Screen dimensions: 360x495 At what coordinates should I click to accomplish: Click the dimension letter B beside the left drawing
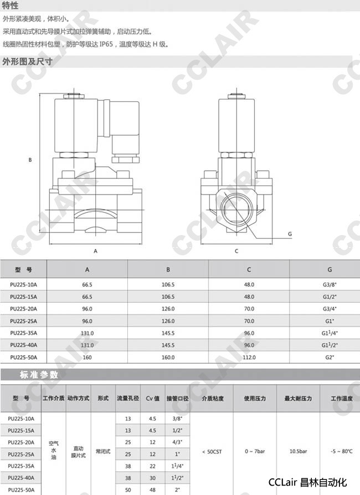pos(30,160)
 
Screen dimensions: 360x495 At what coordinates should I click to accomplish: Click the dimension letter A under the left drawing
pos(96,251)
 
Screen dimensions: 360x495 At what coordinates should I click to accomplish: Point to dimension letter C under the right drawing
pos(236,251)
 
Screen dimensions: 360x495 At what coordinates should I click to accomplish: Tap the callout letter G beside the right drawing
pos(290,234)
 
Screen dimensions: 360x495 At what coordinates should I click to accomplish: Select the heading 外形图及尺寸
pos(28,62)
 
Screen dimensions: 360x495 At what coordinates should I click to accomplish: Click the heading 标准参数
pos(39,375)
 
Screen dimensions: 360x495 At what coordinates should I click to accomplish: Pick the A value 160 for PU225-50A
pos(87,358)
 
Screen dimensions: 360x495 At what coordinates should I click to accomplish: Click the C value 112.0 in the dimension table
pos(249,358)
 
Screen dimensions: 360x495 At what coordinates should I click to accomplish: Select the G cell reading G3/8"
pos(330,284)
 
